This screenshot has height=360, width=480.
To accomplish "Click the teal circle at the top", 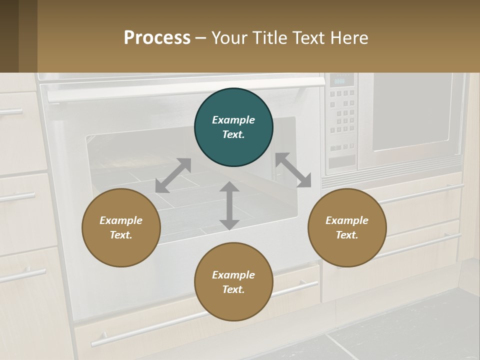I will tap(233, 127).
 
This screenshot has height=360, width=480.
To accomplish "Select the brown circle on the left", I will tap(121, 228).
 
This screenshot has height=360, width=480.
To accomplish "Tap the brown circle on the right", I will tap(347, 228).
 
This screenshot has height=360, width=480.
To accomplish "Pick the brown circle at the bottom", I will tap(233, 282).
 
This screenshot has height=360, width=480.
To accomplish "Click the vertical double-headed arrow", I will tap(229, 205).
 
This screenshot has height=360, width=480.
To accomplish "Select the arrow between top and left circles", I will tap(173, 175).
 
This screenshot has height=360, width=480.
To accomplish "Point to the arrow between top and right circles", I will tap(293, 170).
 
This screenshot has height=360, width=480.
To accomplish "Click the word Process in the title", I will tap(157, 37).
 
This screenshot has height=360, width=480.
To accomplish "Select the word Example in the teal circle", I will tap(233, 120).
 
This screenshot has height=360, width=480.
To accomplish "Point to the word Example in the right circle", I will tap(347, 220).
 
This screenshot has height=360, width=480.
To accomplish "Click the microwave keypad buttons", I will tap(342, 113).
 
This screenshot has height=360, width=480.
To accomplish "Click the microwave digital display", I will tap(340, 80).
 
